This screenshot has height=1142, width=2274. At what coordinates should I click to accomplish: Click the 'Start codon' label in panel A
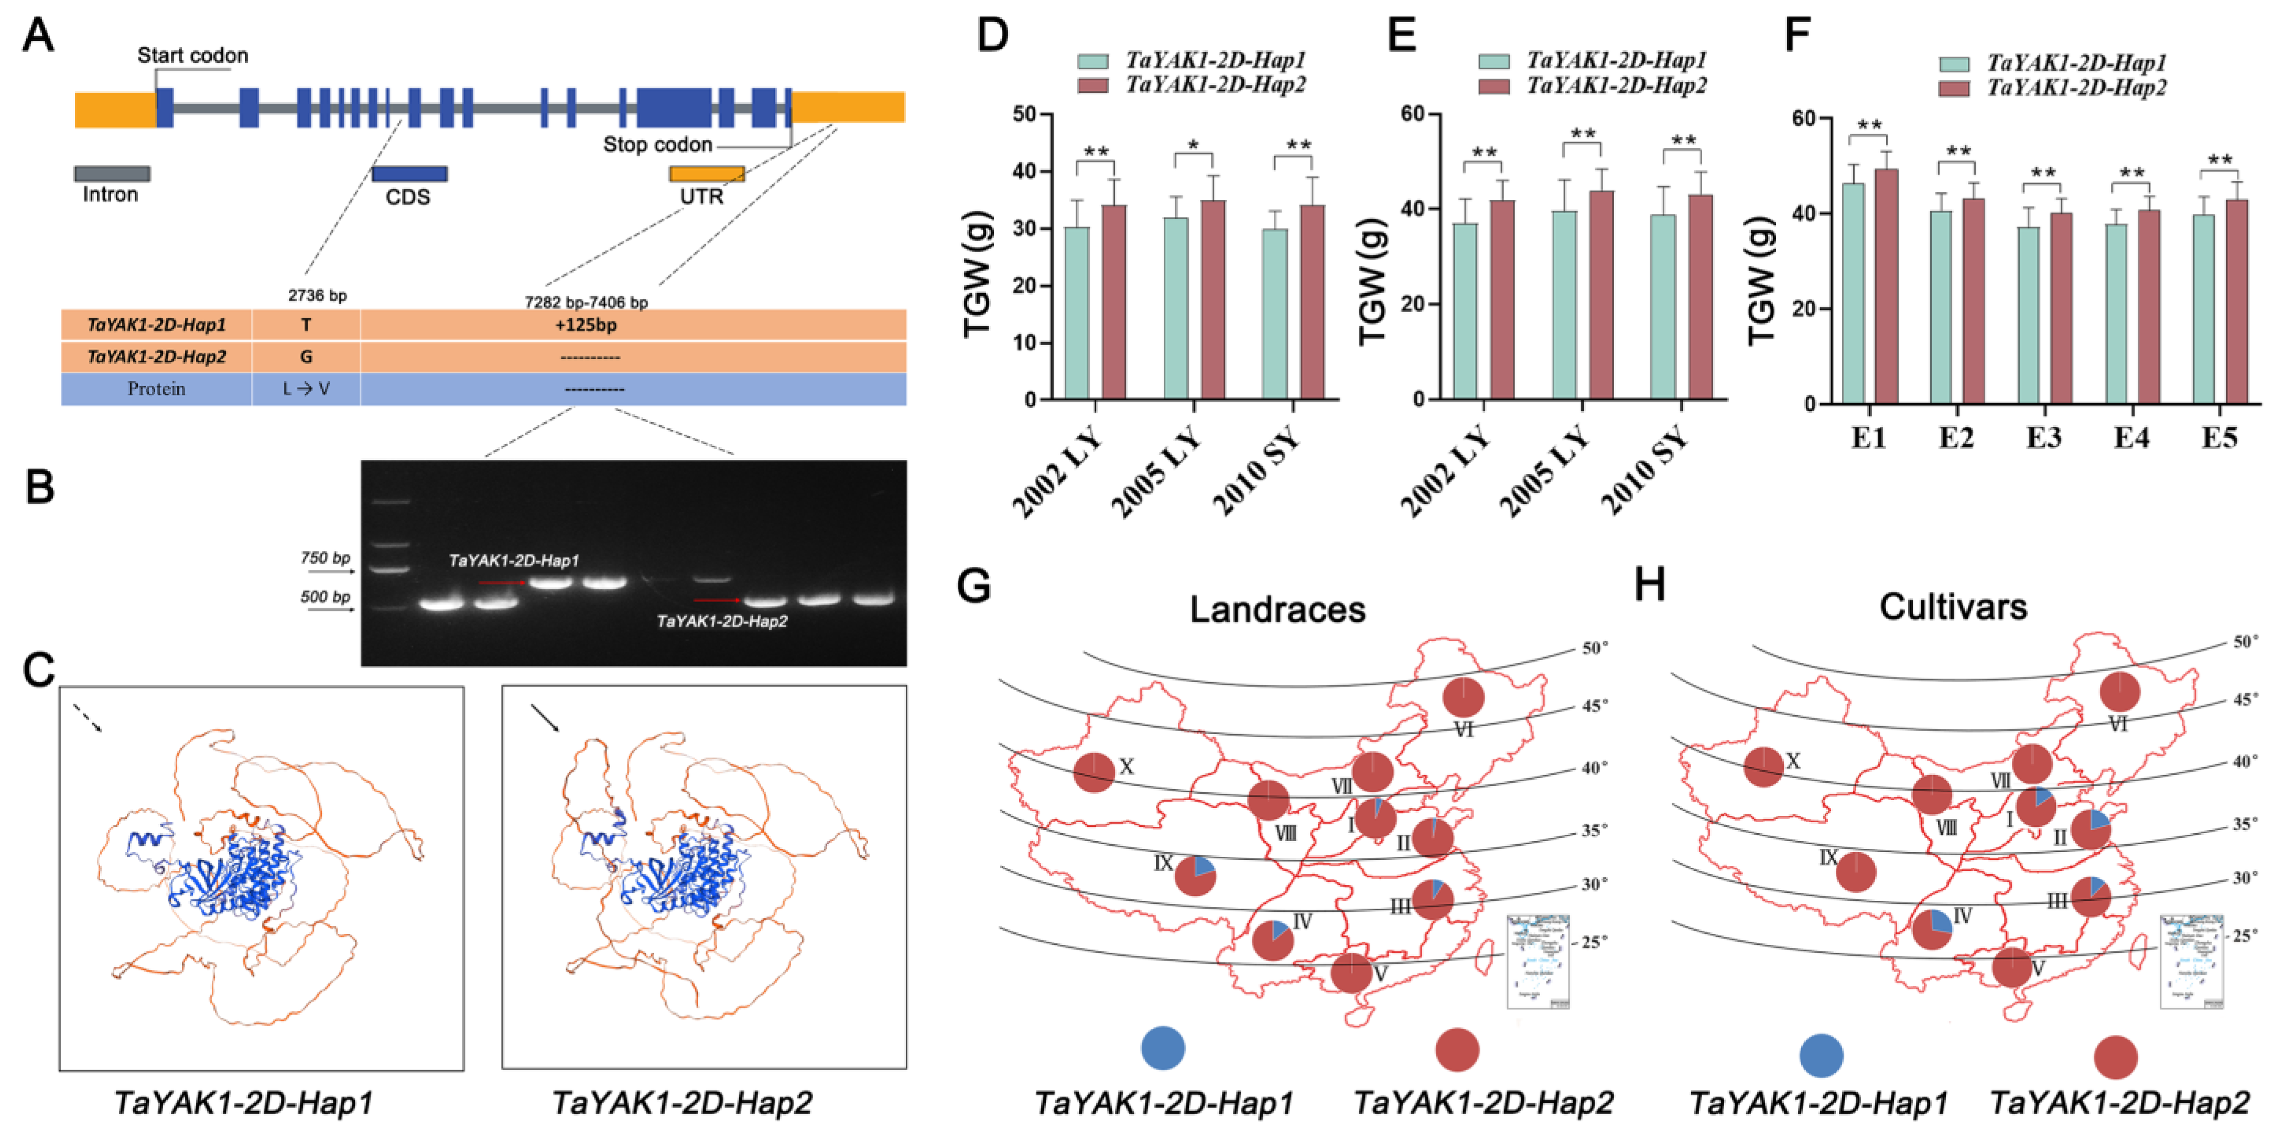point(192,56)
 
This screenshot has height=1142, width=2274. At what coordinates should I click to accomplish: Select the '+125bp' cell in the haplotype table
point(586,325)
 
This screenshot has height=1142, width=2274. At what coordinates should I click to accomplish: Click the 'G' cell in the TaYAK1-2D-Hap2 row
point(306,357)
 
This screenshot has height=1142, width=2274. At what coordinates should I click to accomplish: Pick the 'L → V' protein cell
point(306,389)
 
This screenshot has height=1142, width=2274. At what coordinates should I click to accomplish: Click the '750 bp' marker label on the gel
point(325,558)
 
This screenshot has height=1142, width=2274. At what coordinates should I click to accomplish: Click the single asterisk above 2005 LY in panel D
point(1194,145)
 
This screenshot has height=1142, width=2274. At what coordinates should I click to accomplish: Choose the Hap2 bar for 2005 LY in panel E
point(1600,295)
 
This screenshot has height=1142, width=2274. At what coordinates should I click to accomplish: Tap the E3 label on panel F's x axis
point(2043,438)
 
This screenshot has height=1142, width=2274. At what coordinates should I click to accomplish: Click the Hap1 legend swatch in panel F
point(1954,63)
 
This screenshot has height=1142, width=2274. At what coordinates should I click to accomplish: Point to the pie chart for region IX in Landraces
point(1195,875)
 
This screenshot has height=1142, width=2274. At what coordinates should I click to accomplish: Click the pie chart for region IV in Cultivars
point(1932,929)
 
